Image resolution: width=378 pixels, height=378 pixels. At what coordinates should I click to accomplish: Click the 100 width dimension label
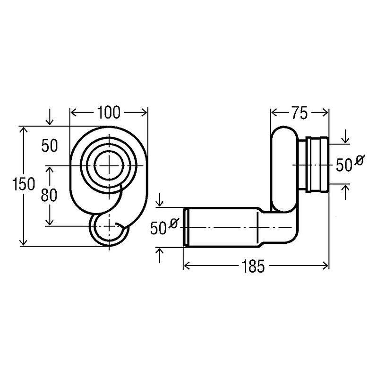tap(109, 112)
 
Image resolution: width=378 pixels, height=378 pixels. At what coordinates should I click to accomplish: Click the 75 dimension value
tap(298, 113)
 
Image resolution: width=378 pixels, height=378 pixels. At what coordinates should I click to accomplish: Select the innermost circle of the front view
tap(109, 165)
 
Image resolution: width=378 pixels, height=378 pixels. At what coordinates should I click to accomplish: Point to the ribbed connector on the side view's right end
tap(313, 164)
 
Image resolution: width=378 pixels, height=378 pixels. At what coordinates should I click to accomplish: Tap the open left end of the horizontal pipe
tap(186, 227)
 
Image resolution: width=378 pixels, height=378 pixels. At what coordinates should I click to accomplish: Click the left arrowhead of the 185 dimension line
tap(186, 266)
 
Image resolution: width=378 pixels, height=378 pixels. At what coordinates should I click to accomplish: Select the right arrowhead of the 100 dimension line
tap(145, 112)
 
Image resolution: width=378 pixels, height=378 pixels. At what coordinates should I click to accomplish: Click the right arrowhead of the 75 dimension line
tap(326, 113)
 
